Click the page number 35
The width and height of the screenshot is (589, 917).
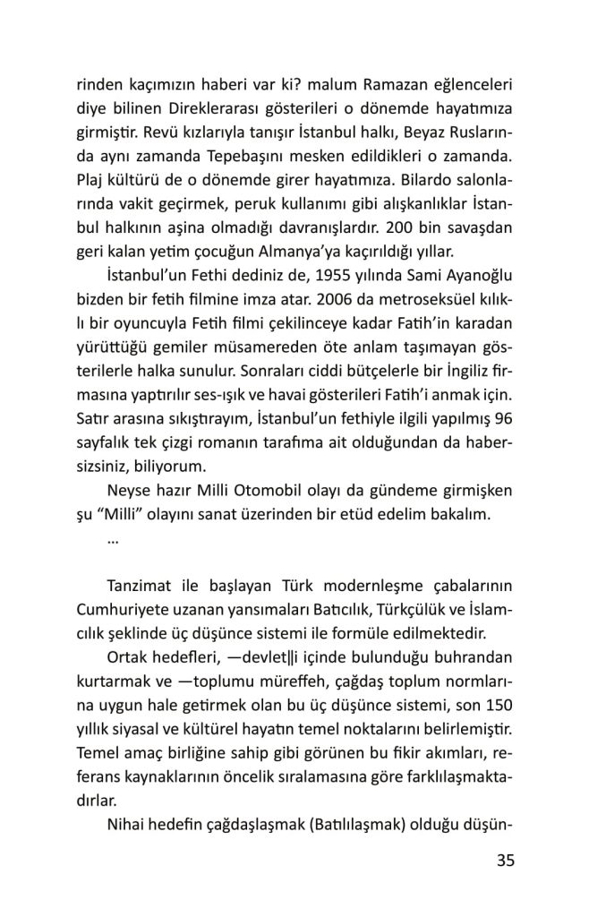(504, 861)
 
